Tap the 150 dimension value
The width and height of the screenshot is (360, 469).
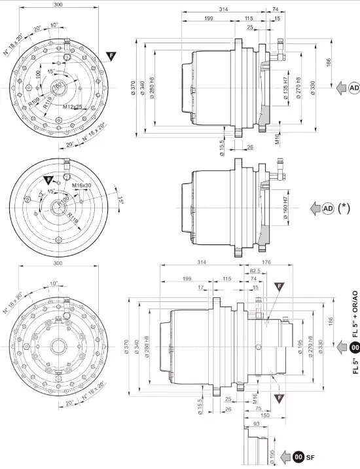tap(264, 416)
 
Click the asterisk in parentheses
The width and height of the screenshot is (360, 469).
tap(343, 208)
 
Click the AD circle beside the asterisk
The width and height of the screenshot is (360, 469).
tap(327, 208)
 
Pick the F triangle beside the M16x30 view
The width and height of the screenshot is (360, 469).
tap(49, 179)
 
